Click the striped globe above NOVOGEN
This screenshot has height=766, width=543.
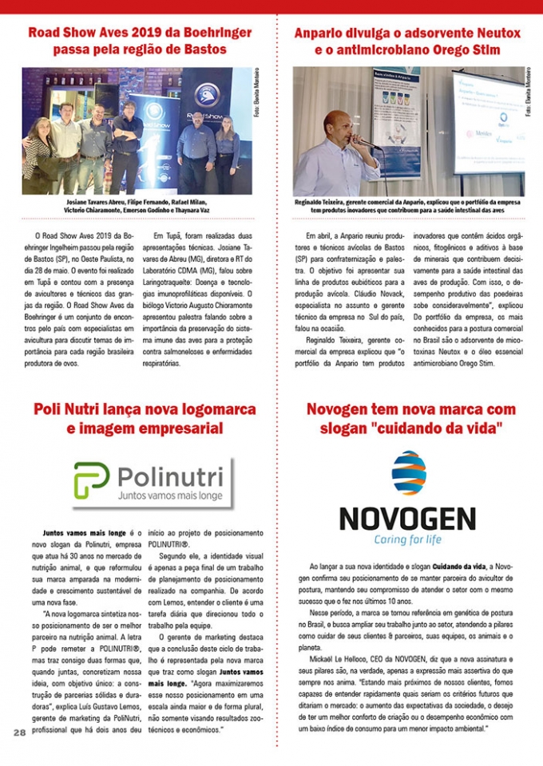coord(408,473)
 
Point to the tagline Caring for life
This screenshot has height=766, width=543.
coord(407,539)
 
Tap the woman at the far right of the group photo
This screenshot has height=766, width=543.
coord(227,148)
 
